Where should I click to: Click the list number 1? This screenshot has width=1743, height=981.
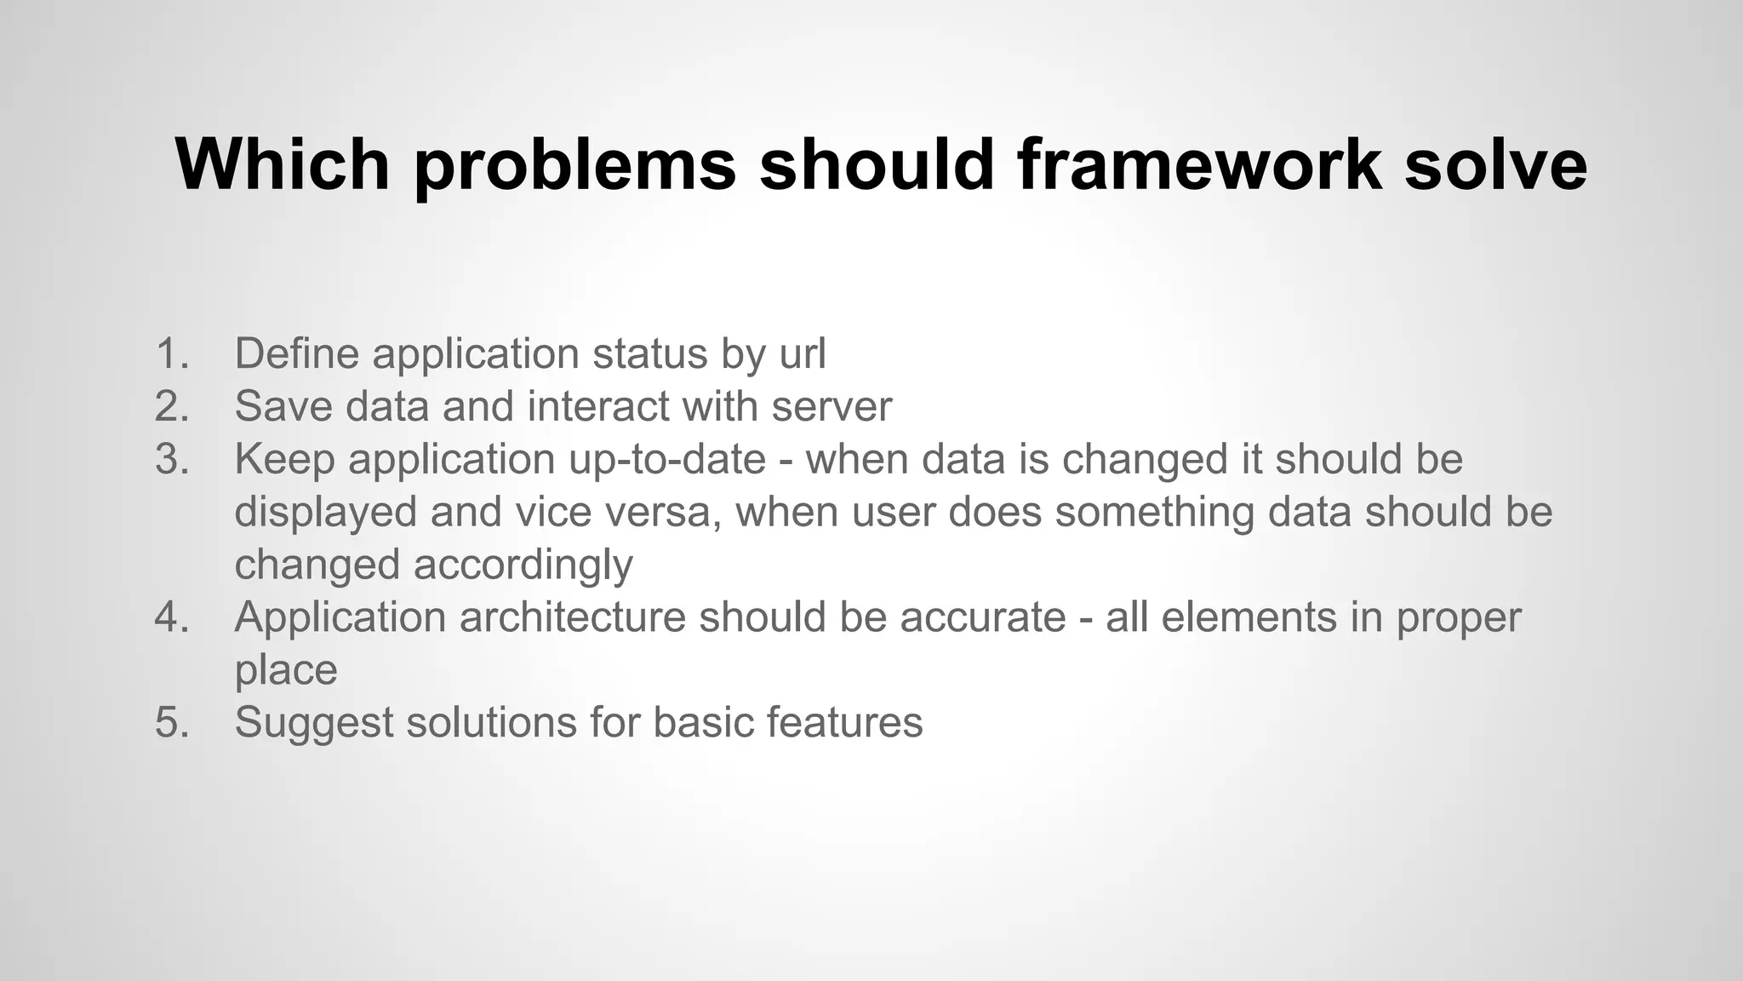tap(171, 353)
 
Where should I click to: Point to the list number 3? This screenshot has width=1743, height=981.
tap(171, 459)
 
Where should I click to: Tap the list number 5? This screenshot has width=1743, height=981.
tap(171, 722)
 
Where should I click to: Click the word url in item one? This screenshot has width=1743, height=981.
tap(803, 353)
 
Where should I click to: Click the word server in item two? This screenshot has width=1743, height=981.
tap(831, 406)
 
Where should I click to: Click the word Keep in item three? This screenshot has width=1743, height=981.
tap(284, 459)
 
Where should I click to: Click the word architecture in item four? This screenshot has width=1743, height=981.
tap(572, 617)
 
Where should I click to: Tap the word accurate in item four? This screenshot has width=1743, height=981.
tap(983, 617)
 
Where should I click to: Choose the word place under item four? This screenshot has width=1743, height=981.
tap(286, 670)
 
